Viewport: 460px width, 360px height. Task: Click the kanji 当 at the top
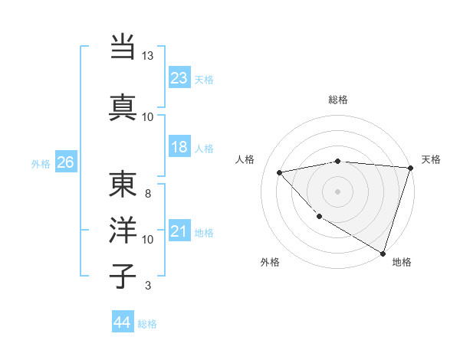pyautogui.click(x=123, y=48)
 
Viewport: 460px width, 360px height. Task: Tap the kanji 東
pyautogui.click(x=123, y=184)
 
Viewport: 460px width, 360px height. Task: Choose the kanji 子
pyautogui.click(x=123, y=276)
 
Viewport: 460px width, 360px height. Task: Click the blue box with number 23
pyautogui.click(x=179, y=77)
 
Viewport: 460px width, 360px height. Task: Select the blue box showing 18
pyautogui.click(x=179, y=148)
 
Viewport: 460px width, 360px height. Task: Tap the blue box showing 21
pyautogui.click(x=179, y=232)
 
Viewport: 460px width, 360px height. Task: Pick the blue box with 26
pyautogui.click(x=65, y=162)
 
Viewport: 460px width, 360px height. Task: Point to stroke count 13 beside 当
pyautogui.click(x=147, y=56)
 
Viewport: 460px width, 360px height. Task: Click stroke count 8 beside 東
pyautogui.click(x=147, y=193)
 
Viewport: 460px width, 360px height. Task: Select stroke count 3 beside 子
pyautogui.click(x=147, y=286)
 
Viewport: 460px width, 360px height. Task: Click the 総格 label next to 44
pyautogui.click(x=147, y=324)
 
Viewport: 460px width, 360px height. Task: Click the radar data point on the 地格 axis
pyautogui.click(x=383, y=252)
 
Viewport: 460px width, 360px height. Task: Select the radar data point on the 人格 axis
pyautogui.click(x=280, y=172)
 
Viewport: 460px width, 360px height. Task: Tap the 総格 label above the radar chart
pyautogui.click(x=338, y=100)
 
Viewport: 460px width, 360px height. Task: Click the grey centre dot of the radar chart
pyautogui.click(x=338, y=191)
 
